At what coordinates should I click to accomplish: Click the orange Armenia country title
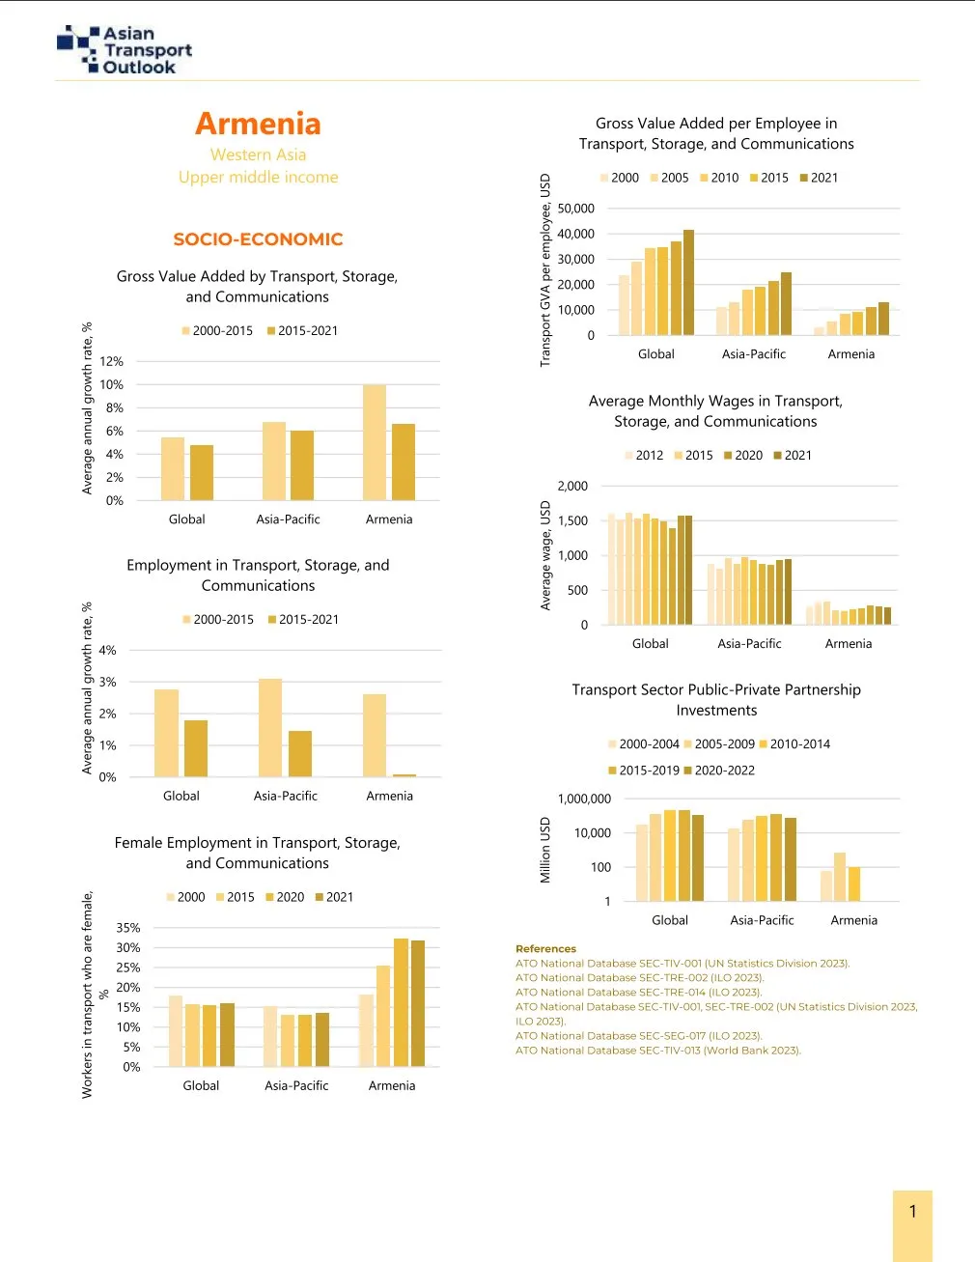pyautogui.click(x=258, y=124)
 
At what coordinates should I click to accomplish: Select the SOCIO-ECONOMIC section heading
pyautogui.click(x=258, y=239)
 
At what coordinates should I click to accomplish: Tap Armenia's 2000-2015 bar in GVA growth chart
pyautogui.click(x=375, y=442)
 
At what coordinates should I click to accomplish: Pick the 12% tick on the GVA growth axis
pyautogui.click(x=113, y=361)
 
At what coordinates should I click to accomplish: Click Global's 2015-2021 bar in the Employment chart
pyautogui.click(x=196, y=748)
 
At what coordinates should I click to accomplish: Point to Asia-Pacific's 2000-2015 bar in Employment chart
pyautogui.click(x=270, y=727)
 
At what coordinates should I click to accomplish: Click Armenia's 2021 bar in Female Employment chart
pyautogui.click(x=418, y=1003)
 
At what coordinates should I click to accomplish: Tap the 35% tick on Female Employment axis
pyautogui.click(x=128, y=928)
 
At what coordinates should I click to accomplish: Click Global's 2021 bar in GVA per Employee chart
pyautogui.click(x=688, y=282)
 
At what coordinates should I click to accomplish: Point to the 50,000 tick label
pyautogui.click(x=576, y=209)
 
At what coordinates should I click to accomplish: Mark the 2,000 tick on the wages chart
pyautogui.click(x=572, y=487)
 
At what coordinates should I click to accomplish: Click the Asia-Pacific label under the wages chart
pyautogui.click(x=749, y=644)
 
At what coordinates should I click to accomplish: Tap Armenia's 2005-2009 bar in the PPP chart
pyautogui.click(x=840, y=877)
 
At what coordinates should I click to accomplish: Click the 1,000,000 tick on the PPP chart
pyautogui.click(x=584, y=799)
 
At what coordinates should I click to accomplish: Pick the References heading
pyautogui.click(x=545, y=949)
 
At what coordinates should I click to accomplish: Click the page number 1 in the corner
pyautogui.click(x=912, y=1211)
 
